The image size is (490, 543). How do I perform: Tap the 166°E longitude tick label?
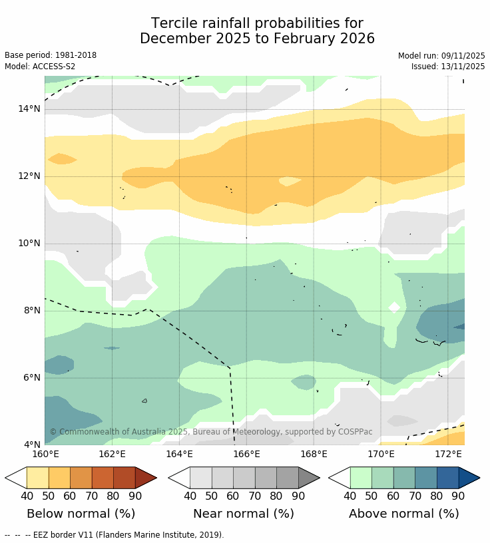click(x=246, y=454)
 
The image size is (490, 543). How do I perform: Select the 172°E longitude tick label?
click(x=448, y=454)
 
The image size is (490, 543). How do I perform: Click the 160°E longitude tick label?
click(x=45, y=454)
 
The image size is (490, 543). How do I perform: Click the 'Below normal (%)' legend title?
click(x=81, y=514)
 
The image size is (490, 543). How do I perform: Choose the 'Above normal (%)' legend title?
click(x=403, y=514)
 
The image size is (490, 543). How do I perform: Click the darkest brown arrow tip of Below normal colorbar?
click(x=146, y=478)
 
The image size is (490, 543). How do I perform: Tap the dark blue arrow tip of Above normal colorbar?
click(x=469, y=478)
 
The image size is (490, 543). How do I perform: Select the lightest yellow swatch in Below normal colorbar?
click(x=37, y=478)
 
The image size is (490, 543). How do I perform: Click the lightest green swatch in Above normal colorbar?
click(x=361, y=478)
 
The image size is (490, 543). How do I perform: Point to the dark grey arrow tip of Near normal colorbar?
click(x=309, y=478)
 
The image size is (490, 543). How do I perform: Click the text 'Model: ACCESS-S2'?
click(x=40, y=67)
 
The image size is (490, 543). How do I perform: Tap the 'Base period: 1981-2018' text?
click(x=51, y=55)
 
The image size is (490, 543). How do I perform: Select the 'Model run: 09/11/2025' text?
click(x=441, y=55)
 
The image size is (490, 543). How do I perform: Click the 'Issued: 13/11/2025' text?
click(x=448, y=67)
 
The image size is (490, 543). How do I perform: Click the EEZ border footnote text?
click(x=115, y=534)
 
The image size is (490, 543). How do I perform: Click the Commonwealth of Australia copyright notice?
click(x=211, y=432)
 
